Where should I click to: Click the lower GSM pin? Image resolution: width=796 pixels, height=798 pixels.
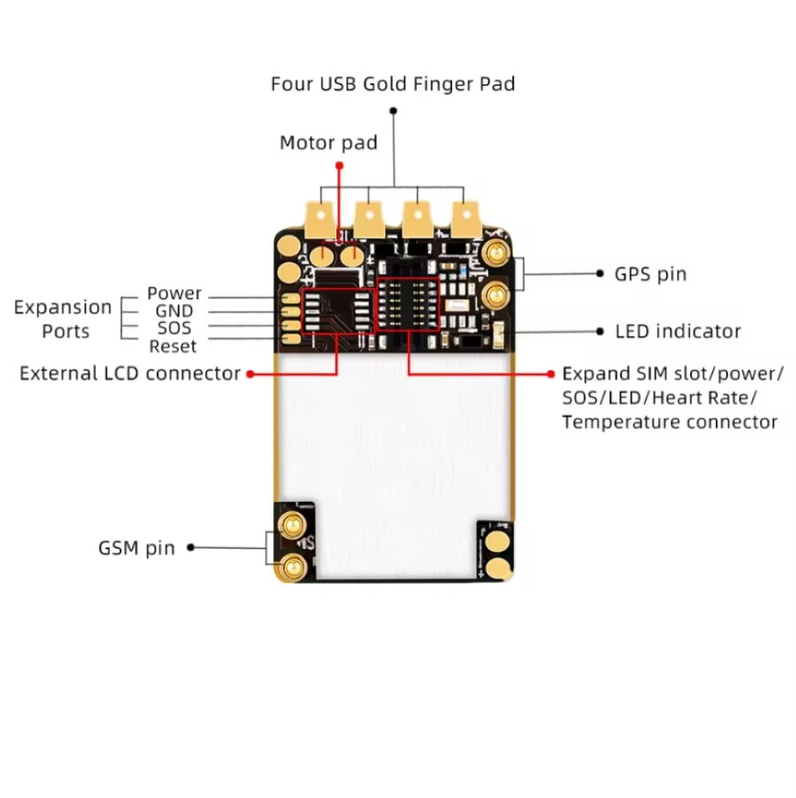click(293, 566)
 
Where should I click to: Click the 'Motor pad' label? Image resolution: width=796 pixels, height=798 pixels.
click(328, 142)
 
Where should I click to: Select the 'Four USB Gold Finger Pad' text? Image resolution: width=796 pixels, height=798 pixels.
click(393, 84)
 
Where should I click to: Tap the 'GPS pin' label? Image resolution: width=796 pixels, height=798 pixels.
click(650, 274)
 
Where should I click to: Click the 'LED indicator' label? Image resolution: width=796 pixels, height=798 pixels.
click(677, 332)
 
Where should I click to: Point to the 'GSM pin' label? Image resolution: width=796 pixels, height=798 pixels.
click(136, 548)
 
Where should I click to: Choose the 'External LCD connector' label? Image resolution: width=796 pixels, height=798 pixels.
click(130, 373)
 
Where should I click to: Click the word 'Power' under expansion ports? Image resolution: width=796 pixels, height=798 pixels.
click(174, 293)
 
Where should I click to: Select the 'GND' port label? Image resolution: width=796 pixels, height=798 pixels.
click(173, 311)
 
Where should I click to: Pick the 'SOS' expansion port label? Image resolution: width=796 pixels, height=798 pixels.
click(174, 328)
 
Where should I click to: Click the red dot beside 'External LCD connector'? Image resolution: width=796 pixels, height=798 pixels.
click(251, 374)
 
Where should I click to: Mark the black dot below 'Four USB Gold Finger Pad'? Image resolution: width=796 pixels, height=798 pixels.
click(393, 111)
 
